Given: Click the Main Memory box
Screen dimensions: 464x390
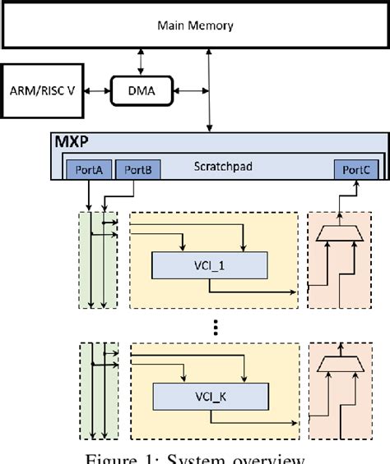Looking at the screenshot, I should tap(195, 25).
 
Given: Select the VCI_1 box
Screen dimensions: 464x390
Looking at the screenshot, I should tap(211, 265).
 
